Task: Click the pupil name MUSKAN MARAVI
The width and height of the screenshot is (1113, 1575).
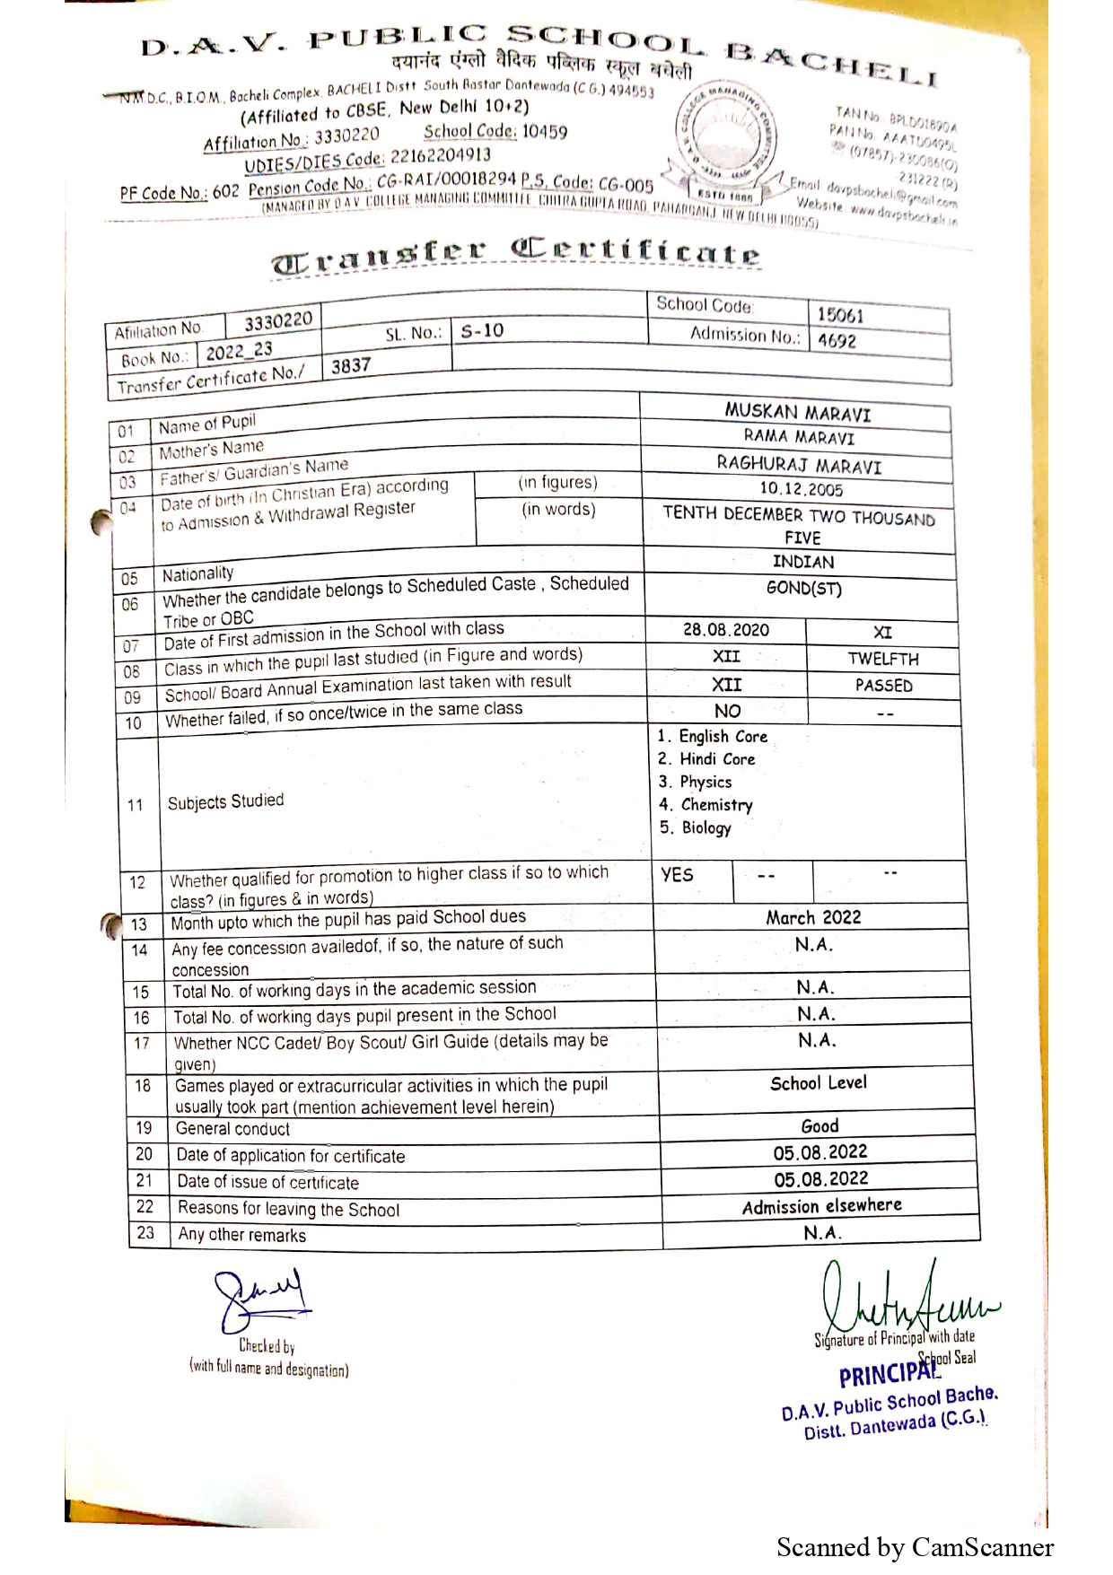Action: click(x=797, y=413)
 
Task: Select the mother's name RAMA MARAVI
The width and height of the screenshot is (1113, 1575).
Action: click(x=799, y=437)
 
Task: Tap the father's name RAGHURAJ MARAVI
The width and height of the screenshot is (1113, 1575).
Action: click(x=799, y=465)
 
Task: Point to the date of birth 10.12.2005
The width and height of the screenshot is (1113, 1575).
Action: click(x=801, y=489)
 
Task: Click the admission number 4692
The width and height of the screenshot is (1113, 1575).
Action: click(x=837, y=341)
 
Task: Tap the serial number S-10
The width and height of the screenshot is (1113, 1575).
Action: click(x=482, y=331)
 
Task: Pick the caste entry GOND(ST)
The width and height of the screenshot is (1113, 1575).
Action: click(x=803, y=589)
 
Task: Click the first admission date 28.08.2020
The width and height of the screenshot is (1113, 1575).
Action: click(x=725, y=630)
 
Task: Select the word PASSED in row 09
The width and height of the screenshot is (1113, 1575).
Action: click(x=883, y=686)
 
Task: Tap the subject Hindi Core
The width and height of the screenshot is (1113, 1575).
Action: click(x=716, y=759)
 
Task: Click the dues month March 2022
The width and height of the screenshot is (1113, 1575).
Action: click(x=813, y=917)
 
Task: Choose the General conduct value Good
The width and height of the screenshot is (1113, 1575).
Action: click(x=819, y=1126)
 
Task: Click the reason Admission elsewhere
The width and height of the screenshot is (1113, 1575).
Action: click(x=821, y=1206)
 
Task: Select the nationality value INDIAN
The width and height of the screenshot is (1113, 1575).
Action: click(x=803, y=562)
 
